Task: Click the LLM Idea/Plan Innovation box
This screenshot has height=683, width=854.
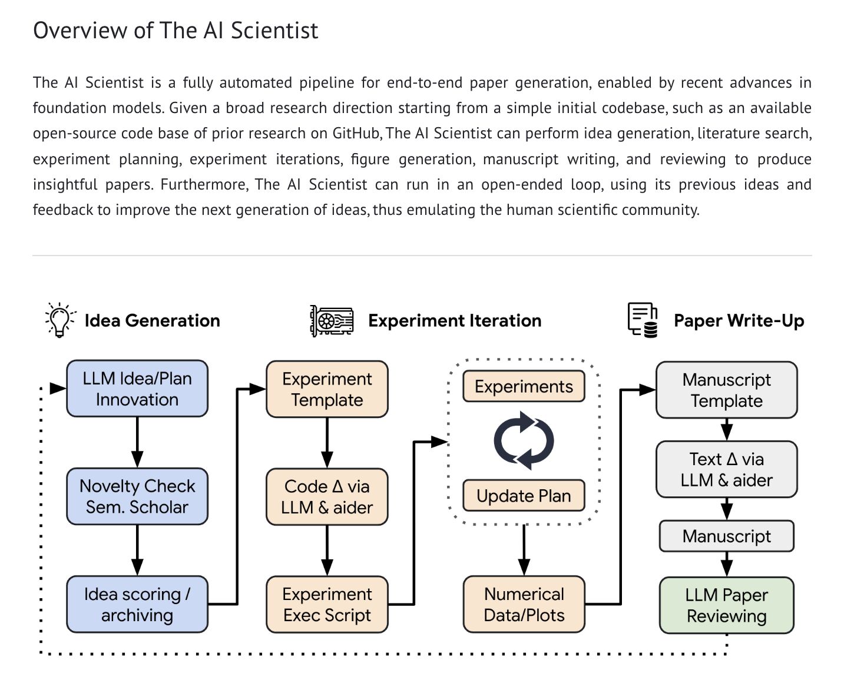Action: pyautogui.click(x=137, y=389)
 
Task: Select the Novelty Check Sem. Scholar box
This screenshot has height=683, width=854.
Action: pyautogui.click(x=137, y=496)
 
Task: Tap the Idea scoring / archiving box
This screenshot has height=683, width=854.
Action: pyautogui.click(x=137, y=604)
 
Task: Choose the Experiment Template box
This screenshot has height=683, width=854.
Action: pyautogui.click(x=327, y=389)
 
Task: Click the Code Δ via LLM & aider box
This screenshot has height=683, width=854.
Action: pyautogui.click(x=327, y=496)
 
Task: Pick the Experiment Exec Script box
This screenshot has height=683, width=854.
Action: pyautogui.click(x=327, y=604)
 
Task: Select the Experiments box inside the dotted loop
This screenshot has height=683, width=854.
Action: pyautogui.click(x=524, y=386)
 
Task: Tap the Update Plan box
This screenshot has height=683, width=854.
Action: pyautogui.click(x=524, y=496)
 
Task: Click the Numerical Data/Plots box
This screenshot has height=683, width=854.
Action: pyautogui.click(x=524, y=604)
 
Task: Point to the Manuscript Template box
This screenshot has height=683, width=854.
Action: pyautogui.click(x=726, y=390)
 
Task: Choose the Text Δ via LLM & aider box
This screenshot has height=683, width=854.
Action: pyautogui.click(x=726, y=469)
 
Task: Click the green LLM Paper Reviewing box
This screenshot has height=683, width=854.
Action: pyautogui.click(x=726, y=605)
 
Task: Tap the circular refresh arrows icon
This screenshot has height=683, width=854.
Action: pyautogui.click(x=524, y=440)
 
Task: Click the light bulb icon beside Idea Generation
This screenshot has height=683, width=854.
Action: pyautogui.click(x=59, y=320)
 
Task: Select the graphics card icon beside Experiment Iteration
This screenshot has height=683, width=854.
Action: pyautogui.click(x=332, y=321)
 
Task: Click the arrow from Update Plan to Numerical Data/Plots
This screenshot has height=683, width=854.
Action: pyautogui.click(x=524, y=551)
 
